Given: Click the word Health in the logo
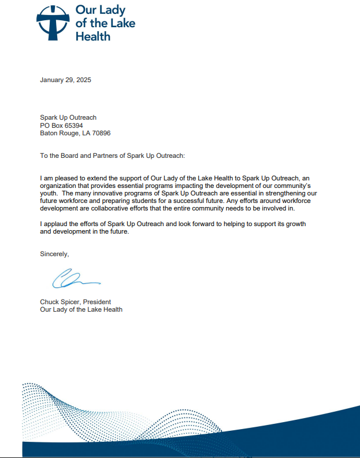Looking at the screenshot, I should point(93,36).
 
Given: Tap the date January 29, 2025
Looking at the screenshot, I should point(65,80).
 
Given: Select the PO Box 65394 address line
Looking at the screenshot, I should point(61,125).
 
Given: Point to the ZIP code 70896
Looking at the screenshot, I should point(101,133).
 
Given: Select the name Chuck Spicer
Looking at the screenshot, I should point(58,302).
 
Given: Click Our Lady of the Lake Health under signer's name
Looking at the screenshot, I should point(81,309).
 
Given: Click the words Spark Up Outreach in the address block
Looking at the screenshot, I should point(68,118).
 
